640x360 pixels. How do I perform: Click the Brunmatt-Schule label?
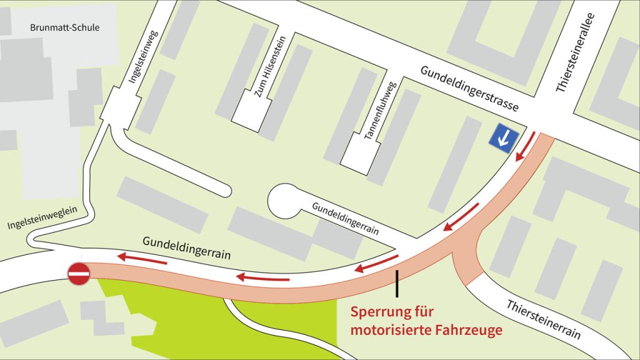pos(64,27)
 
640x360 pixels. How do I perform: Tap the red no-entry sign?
pos(79,274)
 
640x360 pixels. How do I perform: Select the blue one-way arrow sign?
pos(503,137)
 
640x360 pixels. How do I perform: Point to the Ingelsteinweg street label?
pos(144,56)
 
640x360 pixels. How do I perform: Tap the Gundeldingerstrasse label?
pos(469,88)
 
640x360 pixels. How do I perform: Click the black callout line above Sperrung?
pos(397,283)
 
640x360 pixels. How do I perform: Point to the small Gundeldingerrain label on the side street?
pos(346,217)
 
